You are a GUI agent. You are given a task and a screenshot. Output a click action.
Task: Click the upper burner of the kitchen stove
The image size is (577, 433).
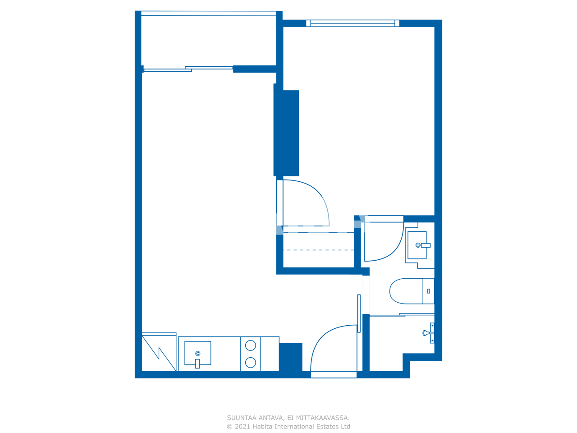pos(251,345)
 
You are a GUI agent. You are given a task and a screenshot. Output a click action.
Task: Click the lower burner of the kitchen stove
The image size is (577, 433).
pos(251,362)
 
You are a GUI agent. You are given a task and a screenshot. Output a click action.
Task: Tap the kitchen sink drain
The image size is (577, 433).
pos(197,354)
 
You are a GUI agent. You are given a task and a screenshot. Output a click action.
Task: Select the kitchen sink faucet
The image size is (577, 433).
pos(197,363)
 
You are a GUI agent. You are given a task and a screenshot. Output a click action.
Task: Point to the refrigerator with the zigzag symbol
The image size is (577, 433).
pos(159,352)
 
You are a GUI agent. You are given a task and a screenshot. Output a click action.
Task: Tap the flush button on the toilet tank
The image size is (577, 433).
pos(428,291)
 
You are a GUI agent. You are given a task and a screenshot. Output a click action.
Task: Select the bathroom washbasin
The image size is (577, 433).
pos(417,245)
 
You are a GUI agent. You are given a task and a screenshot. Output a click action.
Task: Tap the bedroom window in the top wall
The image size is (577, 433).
pos(353,23)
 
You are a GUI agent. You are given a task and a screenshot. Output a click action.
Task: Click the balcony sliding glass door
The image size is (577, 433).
pos(188,69)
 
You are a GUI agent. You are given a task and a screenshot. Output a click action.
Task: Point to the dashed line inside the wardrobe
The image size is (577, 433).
pos(318,250)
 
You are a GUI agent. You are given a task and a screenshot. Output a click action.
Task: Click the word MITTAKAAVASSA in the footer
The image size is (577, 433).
pos(323,418)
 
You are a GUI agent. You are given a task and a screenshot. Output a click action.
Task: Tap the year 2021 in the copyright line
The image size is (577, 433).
pos(242,427)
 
